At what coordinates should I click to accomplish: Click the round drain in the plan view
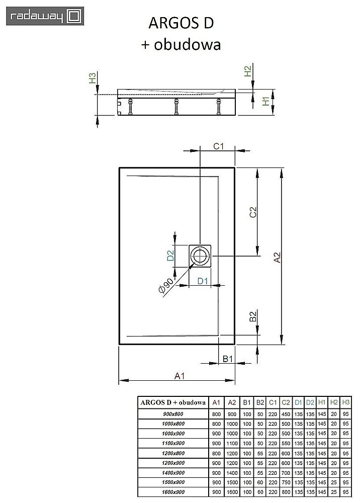click(x=201, y=256)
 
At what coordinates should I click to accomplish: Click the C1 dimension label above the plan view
click(x=218, y=146)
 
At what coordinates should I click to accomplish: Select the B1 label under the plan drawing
click(x=227, y=359)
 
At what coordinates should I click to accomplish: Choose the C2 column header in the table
click(x=285, y=402)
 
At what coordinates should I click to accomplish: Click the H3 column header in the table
click(x=345, y=402)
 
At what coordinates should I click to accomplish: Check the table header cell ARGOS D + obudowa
click(x=172, y=402)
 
